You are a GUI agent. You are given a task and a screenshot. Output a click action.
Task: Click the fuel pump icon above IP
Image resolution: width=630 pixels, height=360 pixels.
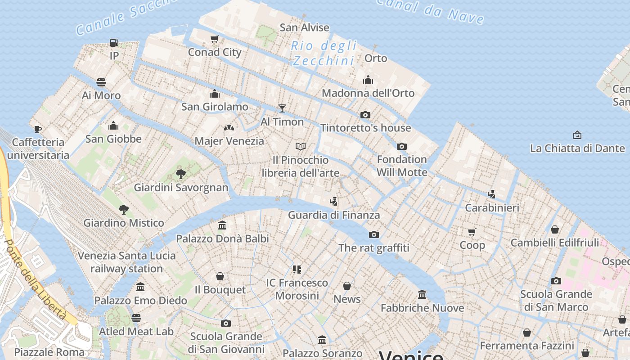114,43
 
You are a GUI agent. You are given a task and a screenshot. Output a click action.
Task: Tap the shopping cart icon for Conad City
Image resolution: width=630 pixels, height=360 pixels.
215,39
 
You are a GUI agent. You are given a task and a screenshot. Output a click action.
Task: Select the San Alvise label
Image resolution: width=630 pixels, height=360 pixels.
305,27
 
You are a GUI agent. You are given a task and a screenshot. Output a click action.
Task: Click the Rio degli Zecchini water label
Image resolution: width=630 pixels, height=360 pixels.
324,53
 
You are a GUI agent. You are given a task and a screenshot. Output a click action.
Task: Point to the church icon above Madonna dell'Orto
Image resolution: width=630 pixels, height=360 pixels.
368,80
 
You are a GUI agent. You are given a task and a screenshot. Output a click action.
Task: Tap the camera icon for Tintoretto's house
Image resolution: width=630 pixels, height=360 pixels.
365,115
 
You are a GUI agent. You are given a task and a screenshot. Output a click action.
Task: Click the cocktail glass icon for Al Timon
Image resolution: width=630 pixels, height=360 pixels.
282,108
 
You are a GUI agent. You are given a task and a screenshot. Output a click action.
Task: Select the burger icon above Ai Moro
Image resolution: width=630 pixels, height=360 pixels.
101,82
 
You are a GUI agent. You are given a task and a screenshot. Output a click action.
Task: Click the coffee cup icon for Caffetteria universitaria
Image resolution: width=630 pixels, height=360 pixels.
38,129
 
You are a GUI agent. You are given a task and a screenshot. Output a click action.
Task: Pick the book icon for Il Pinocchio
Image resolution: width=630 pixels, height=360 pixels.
301,146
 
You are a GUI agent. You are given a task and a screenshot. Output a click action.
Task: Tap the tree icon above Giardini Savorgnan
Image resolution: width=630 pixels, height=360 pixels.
181,174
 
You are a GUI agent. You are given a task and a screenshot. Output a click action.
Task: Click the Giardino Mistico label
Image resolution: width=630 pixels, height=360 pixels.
124,223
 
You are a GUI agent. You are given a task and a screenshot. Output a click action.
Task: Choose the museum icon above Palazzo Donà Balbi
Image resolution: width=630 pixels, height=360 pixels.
222,225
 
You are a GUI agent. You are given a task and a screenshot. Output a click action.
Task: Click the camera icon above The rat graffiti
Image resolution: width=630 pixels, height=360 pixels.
373,234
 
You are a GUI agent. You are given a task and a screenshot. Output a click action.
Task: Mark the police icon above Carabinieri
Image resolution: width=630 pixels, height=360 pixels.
492,194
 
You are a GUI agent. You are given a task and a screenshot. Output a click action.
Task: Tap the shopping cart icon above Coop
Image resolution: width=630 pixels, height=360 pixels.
472,232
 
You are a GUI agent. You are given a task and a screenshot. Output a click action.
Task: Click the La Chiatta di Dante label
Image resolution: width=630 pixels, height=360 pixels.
577,148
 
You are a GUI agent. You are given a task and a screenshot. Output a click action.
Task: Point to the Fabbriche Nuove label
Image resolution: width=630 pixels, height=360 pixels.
422,308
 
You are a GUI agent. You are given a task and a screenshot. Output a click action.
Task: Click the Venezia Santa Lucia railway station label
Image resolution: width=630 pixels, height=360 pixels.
126,262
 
